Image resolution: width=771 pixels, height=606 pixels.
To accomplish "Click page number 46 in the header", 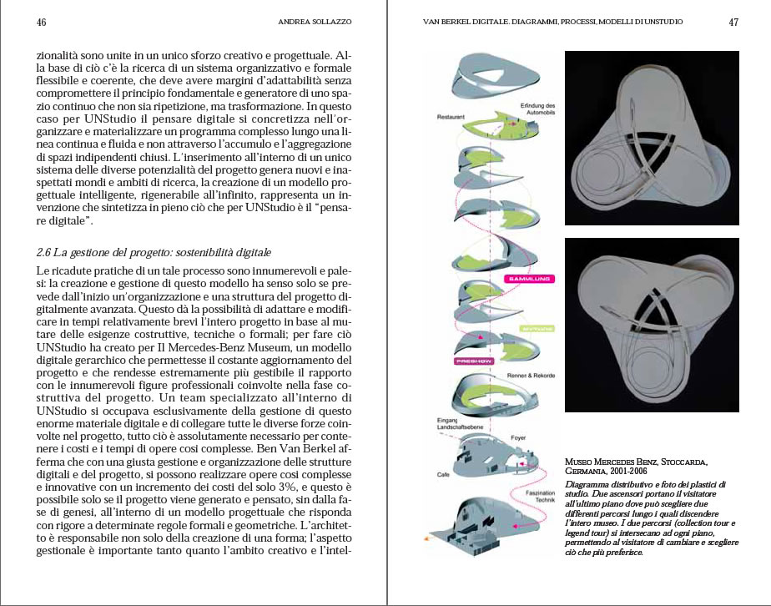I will (x=41, y=23).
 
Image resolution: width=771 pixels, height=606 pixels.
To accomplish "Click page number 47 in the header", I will (x=733, y=23).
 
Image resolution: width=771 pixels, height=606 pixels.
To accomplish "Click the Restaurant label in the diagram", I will (x=451, y=118).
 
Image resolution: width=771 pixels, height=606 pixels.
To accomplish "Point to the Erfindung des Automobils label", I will (x=538, y=109).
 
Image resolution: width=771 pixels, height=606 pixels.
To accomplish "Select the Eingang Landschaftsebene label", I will (x=444, y=422).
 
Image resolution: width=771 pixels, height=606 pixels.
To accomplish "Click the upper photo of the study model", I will (x=653, y=138).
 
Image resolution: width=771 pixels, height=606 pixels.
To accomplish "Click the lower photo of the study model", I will (x=653, y=325).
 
